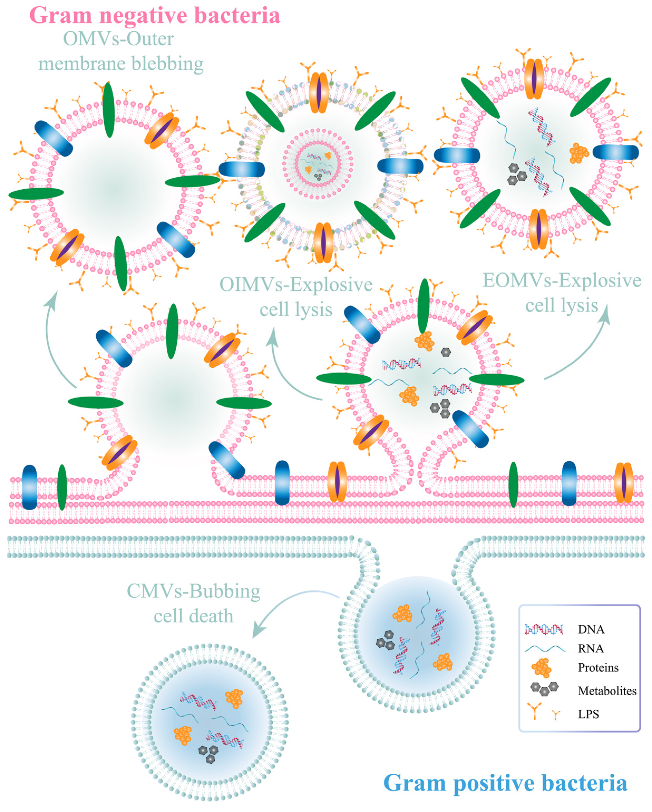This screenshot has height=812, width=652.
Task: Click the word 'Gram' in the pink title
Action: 60,16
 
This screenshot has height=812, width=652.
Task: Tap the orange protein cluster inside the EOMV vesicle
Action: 578,153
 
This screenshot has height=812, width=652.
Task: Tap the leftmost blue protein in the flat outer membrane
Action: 29,487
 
